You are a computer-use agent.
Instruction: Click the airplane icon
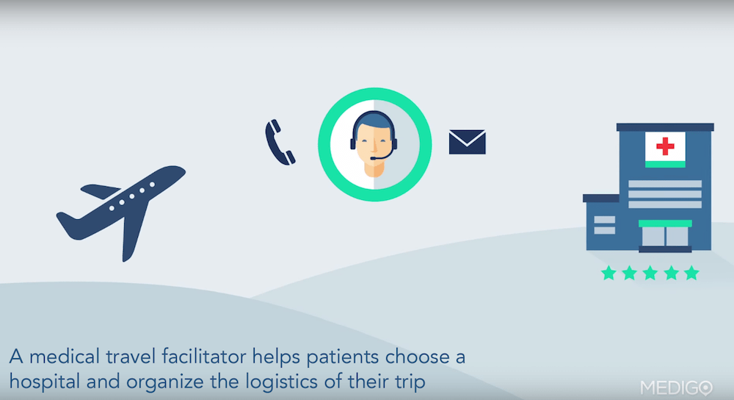[121, 210]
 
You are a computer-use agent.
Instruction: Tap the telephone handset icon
[280, 142]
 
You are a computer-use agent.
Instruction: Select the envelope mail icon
[467, 142]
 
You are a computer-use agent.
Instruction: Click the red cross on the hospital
[665, 146]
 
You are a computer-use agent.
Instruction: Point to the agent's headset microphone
[374, 157]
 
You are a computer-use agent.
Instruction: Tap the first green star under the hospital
[608, 274]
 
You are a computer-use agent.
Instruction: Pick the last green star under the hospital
[691, 274]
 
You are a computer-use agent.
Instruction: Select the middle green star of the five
[650, 274]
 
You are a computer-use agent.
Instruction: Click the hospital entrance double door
[665, 236]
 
